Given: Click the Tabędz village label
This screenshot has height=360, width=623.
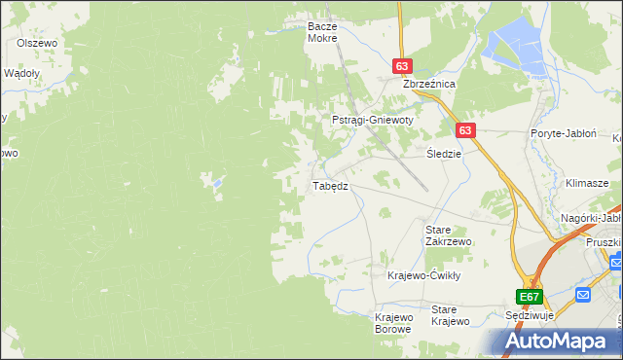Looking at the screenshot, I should pos(330,186).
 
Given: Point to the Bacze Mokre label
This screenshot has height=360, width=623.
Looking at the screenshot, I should pos(321,32).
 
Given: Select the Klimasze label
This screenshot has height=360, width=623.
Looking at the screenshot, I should pos(587,183).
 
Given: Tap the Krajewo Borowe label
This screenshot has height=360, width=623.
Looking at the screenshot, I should pos(394,323).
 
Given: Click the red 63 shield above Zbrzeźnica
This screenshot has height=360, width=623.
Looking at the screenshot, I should pos(402,65).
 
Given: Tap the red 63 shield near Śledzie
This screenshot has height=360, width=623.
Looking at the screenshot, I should pos(464,130).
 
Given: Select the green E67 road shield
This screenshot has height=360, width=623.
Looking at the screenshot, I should pos(529,297).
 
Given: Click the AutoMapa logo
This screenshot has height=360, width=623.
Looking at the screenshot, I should pos(559,341).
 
